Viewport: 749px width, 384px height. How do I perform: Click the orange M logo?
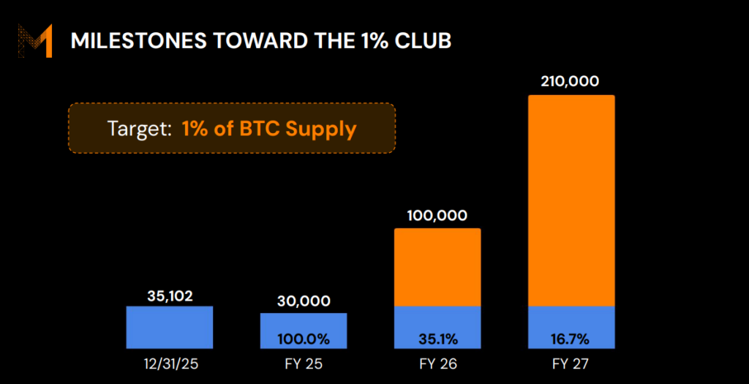[35, 41]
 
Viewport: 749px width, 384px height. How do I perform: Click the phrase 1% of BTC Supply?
[269, 129]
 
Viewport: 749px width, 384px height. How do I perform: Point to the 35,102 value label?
[169, 295]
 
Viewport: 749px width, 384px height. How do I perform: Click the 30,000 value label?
[304, 301]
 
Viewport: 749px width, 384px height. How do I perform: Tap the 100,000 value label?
[437, 217]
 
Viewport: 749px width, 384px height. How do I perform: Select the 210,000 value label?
[571, 80]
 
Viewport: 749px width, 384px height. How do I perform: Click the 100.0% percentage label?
[304, 339]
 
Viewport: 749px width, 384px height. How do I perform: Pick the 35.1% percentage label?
[437, 339]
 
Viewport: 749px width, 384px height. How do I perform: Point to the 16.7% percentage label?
[571, 339]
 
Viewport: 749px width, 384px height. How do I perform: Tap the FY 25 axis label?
[304, 363]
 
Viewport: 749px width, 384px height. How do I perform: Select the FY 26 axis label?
[437, 363]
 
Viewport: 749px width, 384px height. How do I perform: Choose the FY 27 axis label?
[571, 363]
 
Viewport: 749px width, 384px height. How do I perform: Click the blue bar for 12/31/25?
[169, 328]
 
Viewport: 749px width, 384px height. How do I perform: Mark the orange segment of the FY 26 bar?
[437, 267]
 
